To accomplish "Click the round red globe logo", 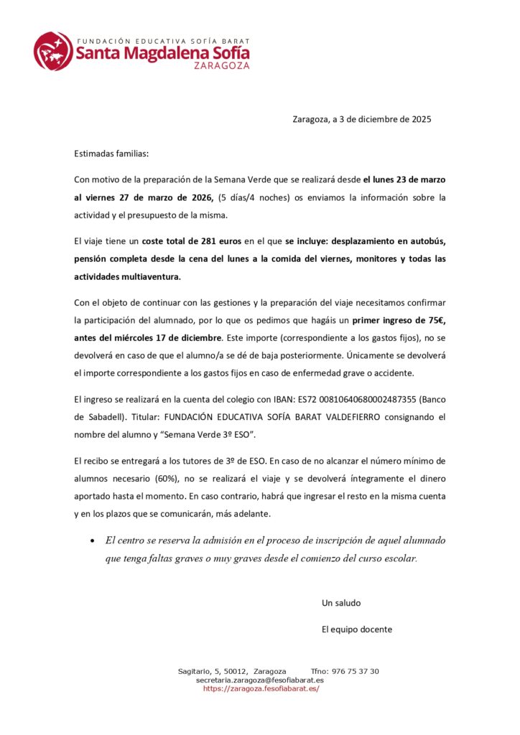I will point(52,51).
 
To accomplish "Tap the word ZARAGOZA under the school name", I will point(222,65).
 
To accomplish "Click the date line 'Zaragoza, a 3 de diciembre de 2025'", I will point(362,119).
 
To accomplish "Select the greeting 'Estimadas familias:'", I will point(111,154).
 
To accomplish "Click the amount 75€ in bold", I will point(432,319).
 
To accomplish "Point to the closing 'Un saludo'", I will point(341,603).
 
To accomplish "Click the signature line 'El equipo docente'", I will point(357,629).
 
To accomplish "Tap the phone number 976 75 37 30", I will point(355,671).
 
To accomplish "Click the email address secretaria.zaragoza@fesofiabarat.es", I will point(259,680).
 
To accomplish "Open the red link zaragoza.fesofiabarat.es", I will point(261,688).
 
